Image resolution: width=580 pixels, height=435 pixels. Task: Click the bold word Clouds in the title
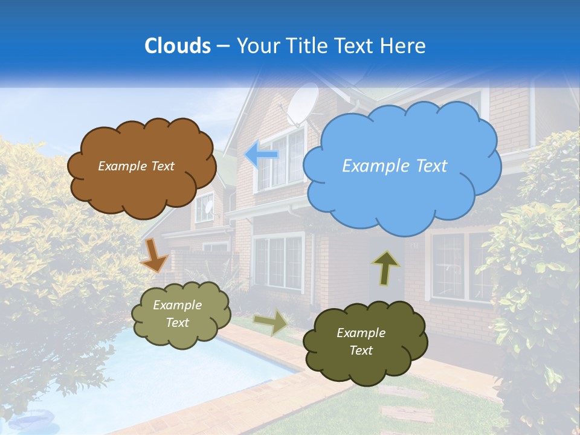coord(177,46)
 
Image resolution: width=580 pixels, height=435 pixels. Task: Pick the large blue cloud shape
coord(402,193)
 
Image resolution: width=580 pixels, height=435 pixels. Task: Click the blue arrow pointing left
coord(262,155)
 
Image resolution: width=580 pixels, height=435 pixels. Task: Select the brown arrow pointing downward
coord(153,255)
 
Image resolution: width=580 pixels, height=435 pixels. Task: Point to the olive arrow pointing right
coord(271,322)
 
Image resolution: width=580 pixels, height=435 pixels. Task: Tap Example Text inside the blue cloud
coord(395,166)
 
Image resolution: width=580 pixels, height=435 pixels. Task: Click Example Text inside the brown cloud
coord(136,166)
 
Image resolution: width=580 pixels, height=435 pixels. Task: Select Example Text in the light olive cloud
coord(178,314)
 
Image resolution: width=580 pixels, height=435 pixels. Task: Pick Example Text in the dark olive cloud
coord(361,341)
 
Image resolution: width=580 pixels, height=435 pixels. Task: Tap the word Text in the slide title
coord(357,46)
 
